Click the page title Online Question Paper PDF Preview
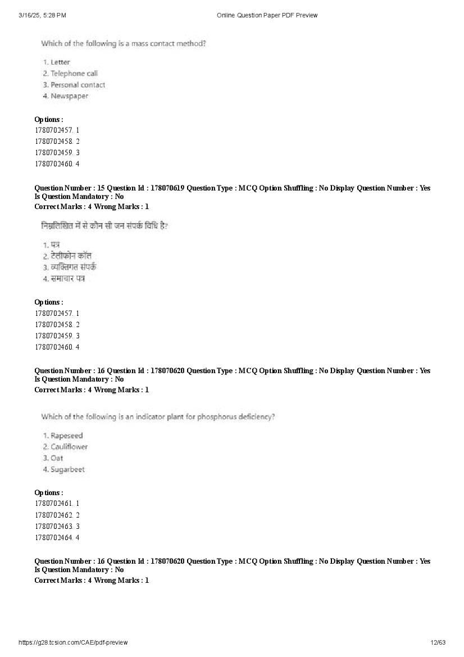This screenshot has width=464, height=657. [267, 15]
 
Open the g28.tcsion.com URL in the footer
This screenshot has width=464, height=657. [73, 642]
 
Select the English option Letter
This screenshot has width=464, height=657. [60, 62]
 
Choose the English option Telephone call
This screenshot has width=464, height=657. [74, 74]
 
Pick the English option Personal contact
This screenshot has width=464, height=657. [78, 85]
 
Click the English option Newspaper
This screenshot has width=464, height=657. [69, 96]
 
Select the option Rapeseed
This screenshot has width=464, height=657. [66, 436]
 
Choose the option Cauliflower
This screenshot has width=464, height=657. [69, 447]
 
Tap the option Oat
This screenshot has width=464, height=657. [57, 458]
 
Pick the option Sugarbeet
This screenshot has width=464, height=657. [67, 469]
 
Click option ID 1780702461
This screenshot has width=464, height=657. [54, 504]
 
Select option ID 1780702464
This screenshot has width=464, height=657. [54, 538]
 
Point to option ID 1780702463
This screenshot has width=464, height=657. [54, 527]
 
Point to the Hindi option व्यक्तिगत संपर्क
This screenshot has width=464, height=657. [74, 268]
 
